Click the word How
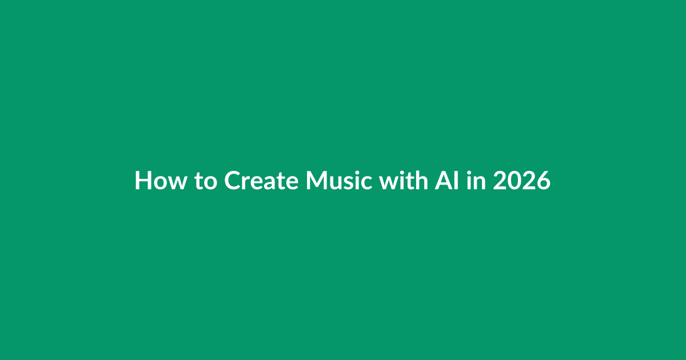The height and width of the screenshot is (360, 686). point(161,181)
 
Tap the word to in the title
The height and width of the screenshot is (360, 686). point(206,182)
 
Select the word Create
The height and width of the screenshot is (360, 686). point(261,181)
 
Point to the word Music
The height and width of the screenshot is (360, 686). point(339,181)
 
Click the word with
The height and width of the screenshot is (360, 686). point(404,181)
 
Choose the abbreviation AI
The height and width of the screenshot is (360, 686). point(447,181)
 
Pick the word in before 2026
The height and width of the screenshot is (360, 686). point(476,181)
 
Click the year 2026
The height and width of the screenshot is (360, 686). point(521,181)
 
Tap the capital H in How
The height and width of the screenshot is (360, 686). point(143,181)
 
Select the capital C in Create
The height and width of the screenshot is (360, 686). point(233,181)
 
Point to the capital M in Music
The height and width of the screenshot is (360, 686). point(317,181)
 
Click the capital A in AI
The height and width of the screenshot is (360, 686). point(444,181)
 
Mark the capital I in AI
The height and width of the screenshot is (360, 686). point(457,181)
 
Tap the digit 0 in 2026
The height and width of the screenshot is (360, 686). point(514,181)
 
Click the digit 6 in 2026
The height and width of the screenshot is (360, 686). point(544,181)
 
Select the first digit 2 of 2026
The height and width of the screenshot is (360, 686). point(500,181)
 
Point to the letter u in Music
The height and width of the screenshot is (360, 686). point(338,183)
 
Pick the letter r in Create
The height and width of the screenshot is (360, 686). point(248,183)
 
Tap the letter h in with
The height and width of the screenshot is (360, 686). point(422,181)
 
